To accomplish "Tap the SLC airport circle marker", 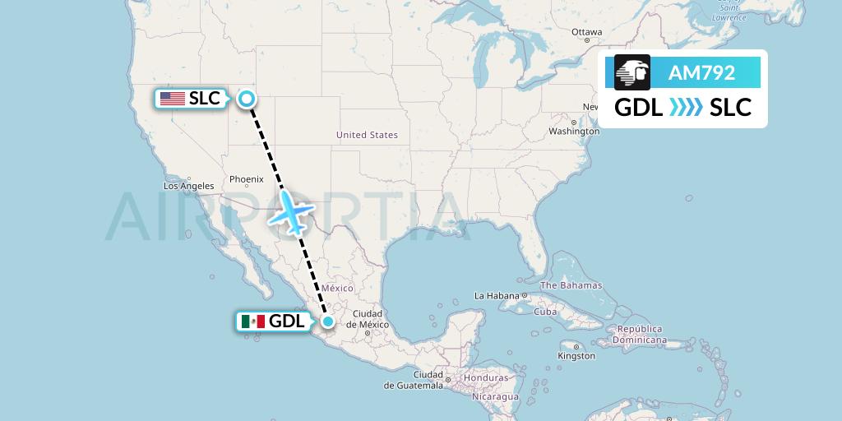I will click(x=246, y=99).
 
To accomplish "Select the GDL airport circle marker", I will click(x=328, y=322).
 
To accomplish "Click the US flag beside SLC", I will click(x=173, y=99).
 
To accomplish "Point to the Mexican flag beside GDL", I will click(x=254, y=322).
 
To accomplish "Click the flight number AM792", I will click(x=701, y=72).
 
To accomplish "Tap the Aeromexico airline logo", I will click(x=632, y=72).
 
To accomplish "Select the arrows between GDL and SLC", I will click(x=686, y=107).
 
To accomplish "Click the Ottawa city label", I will click(x=586, y=32).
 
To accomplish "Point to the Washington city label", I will click(x=574, y=132).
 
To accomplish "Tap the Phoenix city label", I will click(x=246, y=178).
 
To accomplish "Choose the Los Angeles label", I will click(x=189, y=186).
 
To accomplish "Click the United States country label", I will click(x=367, y=135).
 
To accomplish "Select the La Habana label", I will click(x=497, y=295).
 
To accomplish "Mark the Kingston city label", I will click(x=576, y=356).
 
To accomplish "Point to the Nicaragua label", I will click(x=495, y=396).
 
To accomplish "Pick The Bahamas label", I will click(x=571, y=285).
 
